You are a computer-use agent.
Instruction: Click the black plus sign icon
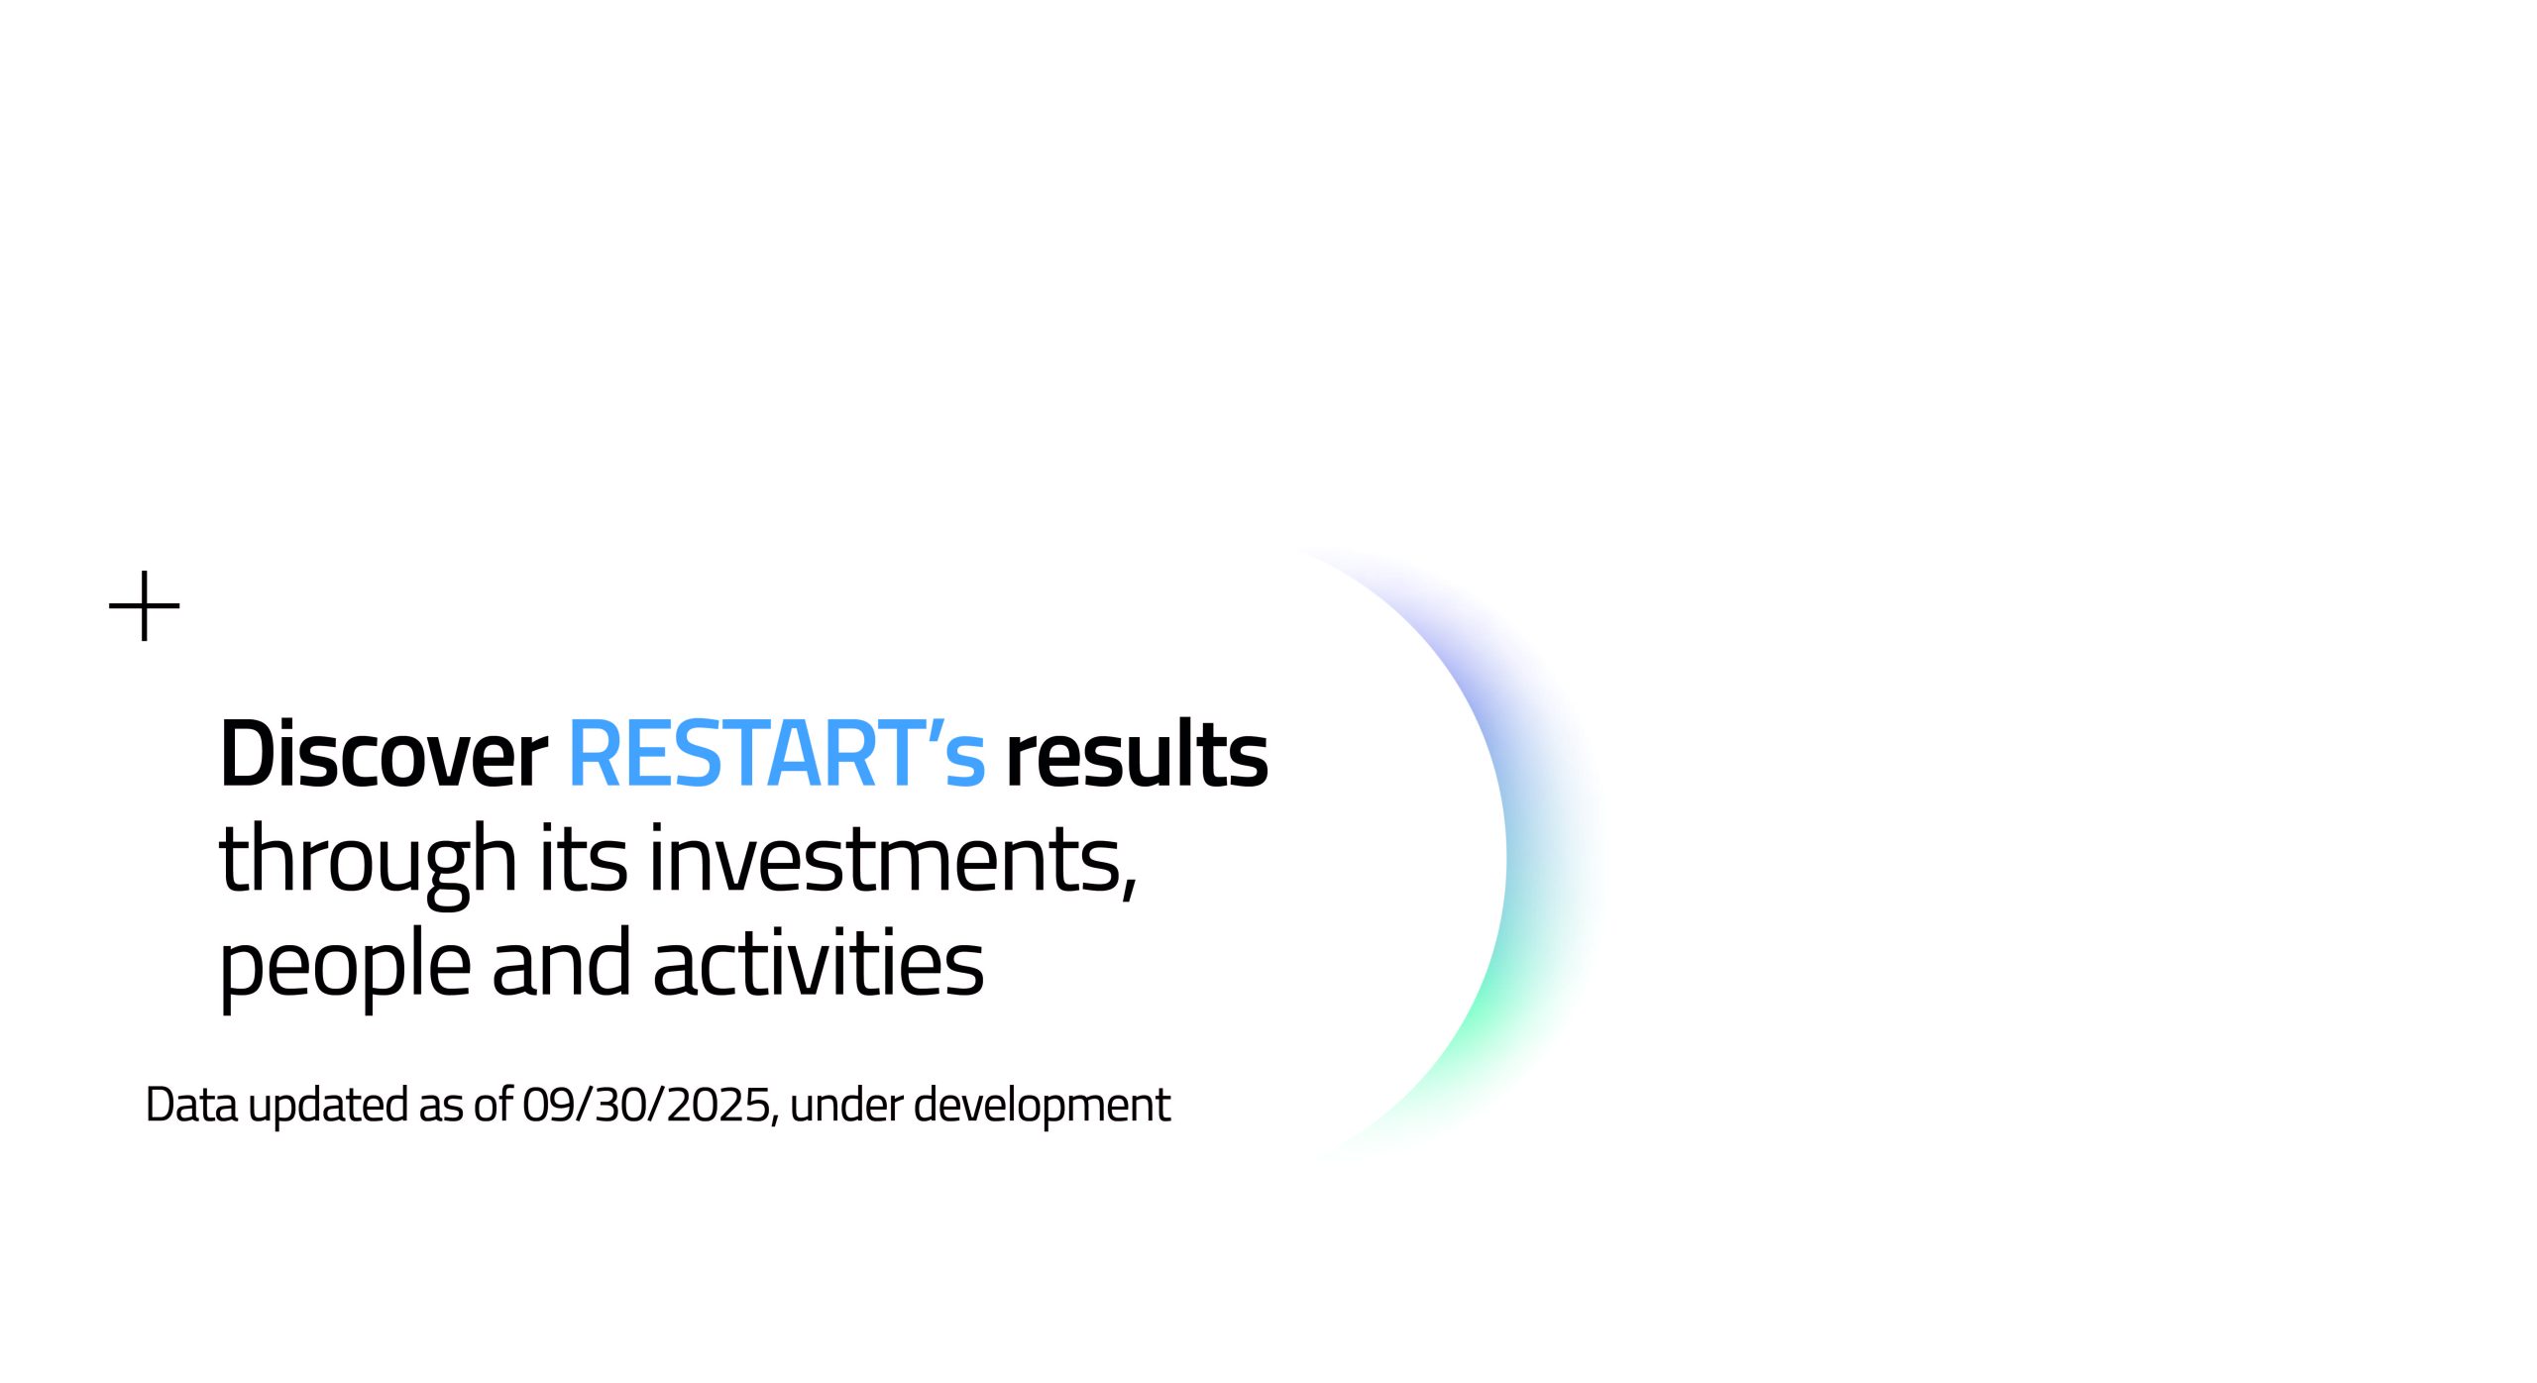click(145, 605)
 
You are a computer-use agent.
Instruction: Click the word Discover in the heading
click(384, 754)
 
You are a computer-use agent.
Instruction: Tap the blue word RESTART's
click(777, 754)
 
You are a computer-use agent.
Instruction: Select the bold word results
click(1137, 754)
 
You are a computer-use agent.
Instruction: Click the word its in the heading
click(583, 858)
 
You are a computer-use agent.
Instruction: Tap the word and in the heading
click(561, 961)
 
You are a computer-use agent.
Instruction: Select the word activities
click(819, 961)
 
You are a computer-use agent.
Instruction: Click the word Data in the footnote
click(192, 1105)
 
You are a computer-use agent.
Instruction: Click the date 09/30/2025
click(646, 1105)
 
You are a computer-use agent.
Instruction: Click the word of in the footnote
click(493, 1105)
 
